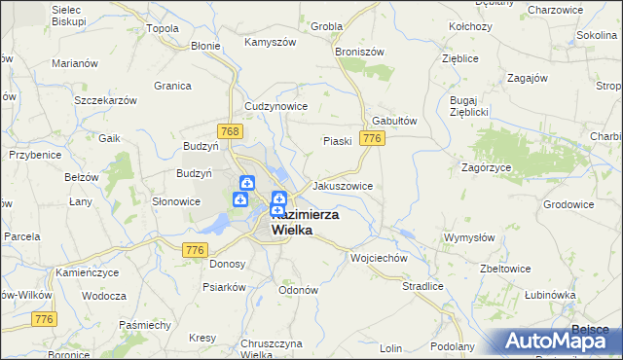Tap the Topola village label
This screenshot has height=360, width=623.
(x=162, y=28)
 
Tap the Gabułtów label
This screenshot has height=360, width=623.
(x=395, y=121)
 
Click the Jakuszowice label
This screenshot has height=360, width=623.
(x=342, y=185)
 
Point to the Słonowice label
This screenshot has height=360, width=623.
(x=176, y=201)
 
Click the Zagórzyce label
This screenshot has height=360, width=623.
(x=486, y=167)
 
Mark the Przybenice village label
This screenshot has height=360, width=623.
(x=35, y=155)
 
